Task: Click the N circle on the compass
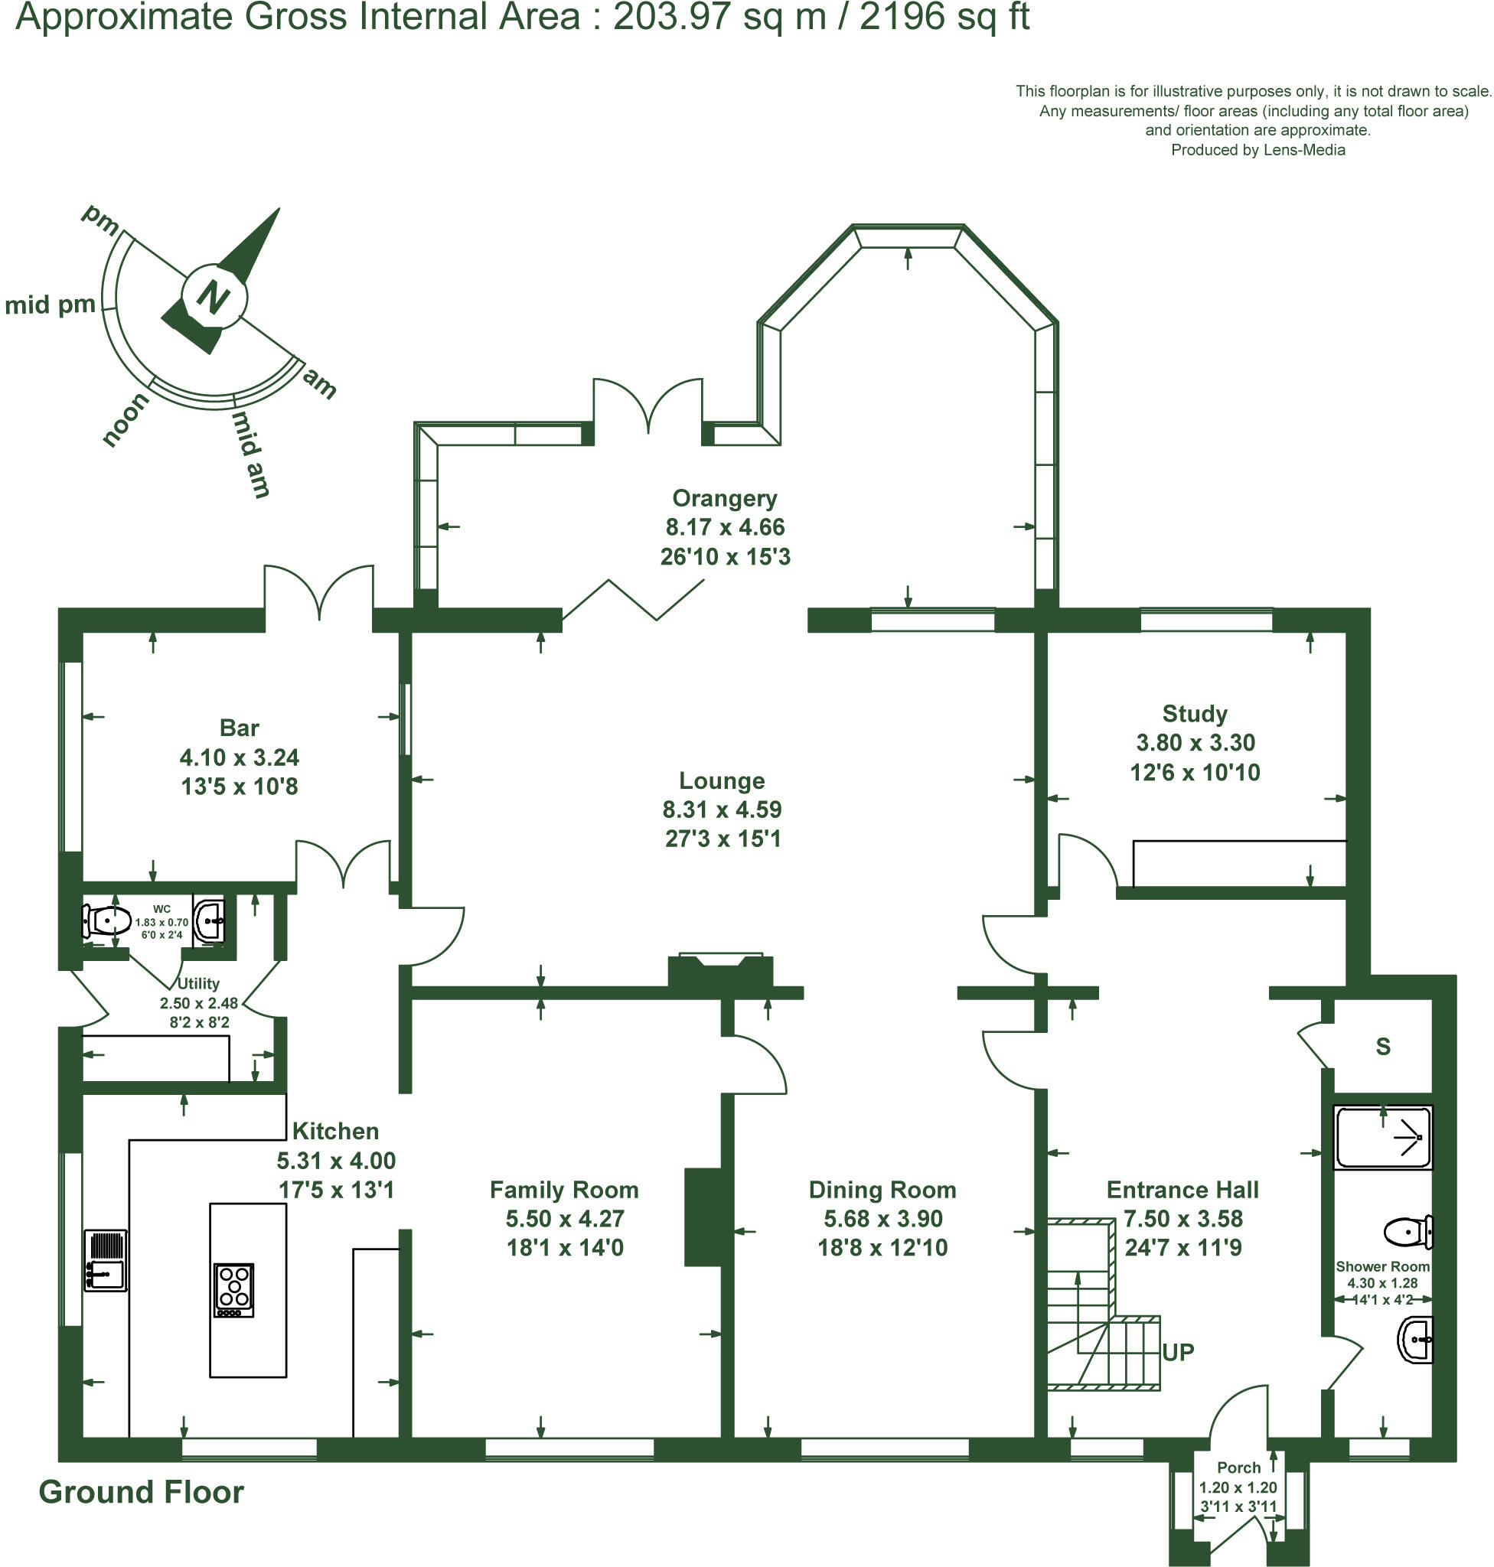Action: coord(215,296)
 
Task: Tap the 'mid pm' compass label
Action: coord(51,305)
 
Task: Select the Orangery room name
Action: coord(724,498)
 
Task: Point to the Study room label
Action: coord(1195,713)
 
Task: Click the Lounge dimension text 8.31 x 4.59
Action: coord(722,810)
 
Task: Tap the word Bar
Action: coord(239,728)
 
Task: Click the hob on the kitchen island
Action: coord(234,1290)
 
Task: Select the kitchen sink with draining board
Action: coord(106,1260)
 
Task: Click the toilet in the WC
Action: coord(106,922)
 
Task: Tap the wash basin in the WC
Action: coord(210,921)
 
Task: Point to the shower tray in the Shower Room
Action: coord(1382,1137)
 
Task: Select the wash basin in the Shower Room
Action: coord(1415,1340)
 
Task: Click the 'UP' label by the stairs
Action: coord(1178,1352)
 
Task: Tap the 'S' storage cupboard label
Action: coord(1383,1046)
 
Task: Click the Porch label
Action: coord(1238,1468)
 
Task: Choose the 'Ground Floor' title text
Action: coord(141,1492)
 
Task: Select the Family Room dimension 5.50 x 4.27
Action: coord(565,1219)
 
